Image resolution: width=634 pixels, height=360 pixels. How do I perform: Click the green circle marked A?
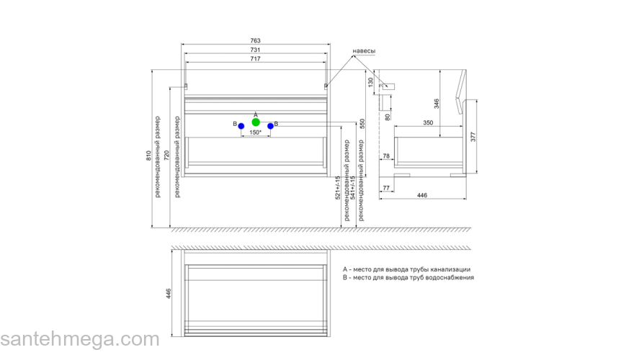tap(256, 122)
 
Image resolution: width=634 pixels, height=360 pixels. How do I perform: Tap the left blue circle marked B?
tap(241, 126)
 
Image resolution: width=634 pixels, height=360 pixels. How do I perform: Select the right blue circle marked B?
tap(270, 126)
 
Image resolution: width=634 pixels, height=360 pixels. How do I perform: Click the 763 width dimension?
tap(255, 40)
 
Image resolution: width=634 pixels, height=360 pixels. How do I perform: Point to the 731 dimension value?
tap(255, 50)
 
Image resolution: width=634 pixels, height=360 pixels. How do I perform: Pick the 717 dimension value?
tap(255, 58)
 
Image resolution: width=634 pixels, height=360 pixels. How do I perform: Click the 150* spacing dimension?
tap(255, 133)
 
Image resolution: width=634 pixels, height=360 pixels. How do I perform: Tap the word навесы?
tap(363, 50)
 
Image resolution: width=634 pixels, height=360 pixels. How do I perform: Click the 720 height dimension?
tap(166, 156)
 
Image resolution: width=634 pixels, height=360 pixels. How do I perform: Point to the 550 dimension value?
tap(363, 124)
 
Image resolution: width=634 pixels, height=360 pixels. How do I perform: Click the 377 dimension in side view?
tap(473, 137)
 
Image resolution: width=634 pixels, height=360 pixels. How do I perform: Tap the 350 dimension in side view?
tap(428, 123)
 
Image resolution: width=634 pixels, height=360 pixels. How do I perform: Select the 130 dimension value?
tap(371, 82)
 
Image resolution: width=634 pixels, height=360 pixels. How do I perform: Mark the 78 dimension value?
tap(386, 156)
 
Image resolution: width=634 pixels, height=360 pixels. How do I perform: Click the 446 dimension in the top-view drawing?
tap(168, 293)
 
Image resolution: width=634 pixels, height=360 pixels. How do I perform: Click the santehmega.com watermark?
tap(79, 339)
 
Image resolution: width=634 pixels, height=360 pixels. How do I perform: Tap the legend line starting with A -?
tap(407, 269)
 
